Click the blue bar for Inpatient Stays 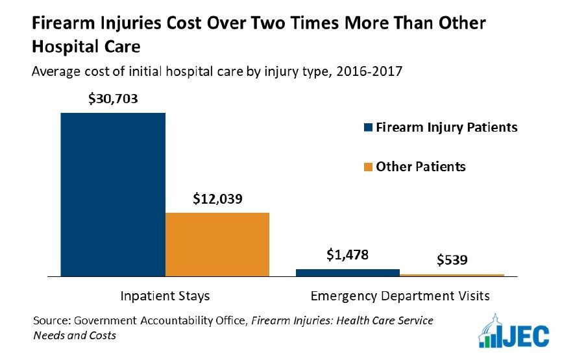(113, 195)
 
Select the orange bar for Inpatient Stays (217, 244)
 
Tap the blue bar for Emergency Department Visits (348, 272)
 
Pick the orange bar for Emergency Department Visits (452, 275)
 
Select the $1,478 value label (347, 255)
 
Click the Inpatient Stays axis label (165, 296)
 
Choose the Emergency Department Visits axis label (400, 296)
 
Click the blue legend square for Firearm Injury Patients (367, 128)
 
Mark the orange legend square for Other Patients (367, 167)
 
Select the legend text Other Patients (421, 166)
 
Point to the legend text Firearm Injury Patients (447, 127)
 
